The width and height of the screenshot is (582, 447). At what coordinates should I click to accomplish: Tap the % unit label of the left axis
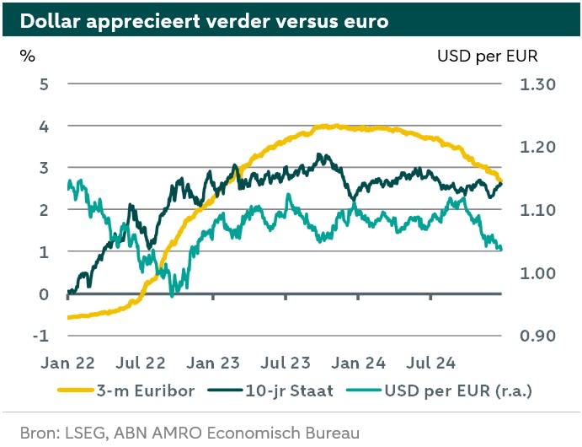[28, 57]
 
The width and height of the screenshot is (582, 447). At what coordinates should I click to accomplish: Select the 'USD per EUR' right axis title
[487, 57]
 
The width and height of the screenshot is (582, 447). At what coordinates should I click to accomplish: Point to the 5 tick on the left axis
[43, 83]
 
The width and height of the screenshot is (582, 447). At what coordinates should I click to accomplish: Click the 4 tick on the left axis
[43, 126]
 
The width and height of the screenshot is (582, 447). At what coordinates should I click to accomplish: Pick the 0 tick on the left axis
[43, 294]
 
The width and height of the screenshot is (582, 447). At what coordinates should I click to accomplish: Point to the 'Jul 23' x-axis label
[286, 364]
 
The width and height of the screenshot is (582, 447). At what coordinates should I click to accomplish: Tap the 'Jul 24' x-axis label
[430, 364]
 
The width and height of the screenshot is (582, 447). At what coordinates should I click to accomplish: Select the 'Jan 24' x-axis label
[359, 364]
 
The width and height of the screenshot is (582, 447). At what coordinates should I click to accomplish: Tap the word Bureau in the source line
[331, 433]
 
